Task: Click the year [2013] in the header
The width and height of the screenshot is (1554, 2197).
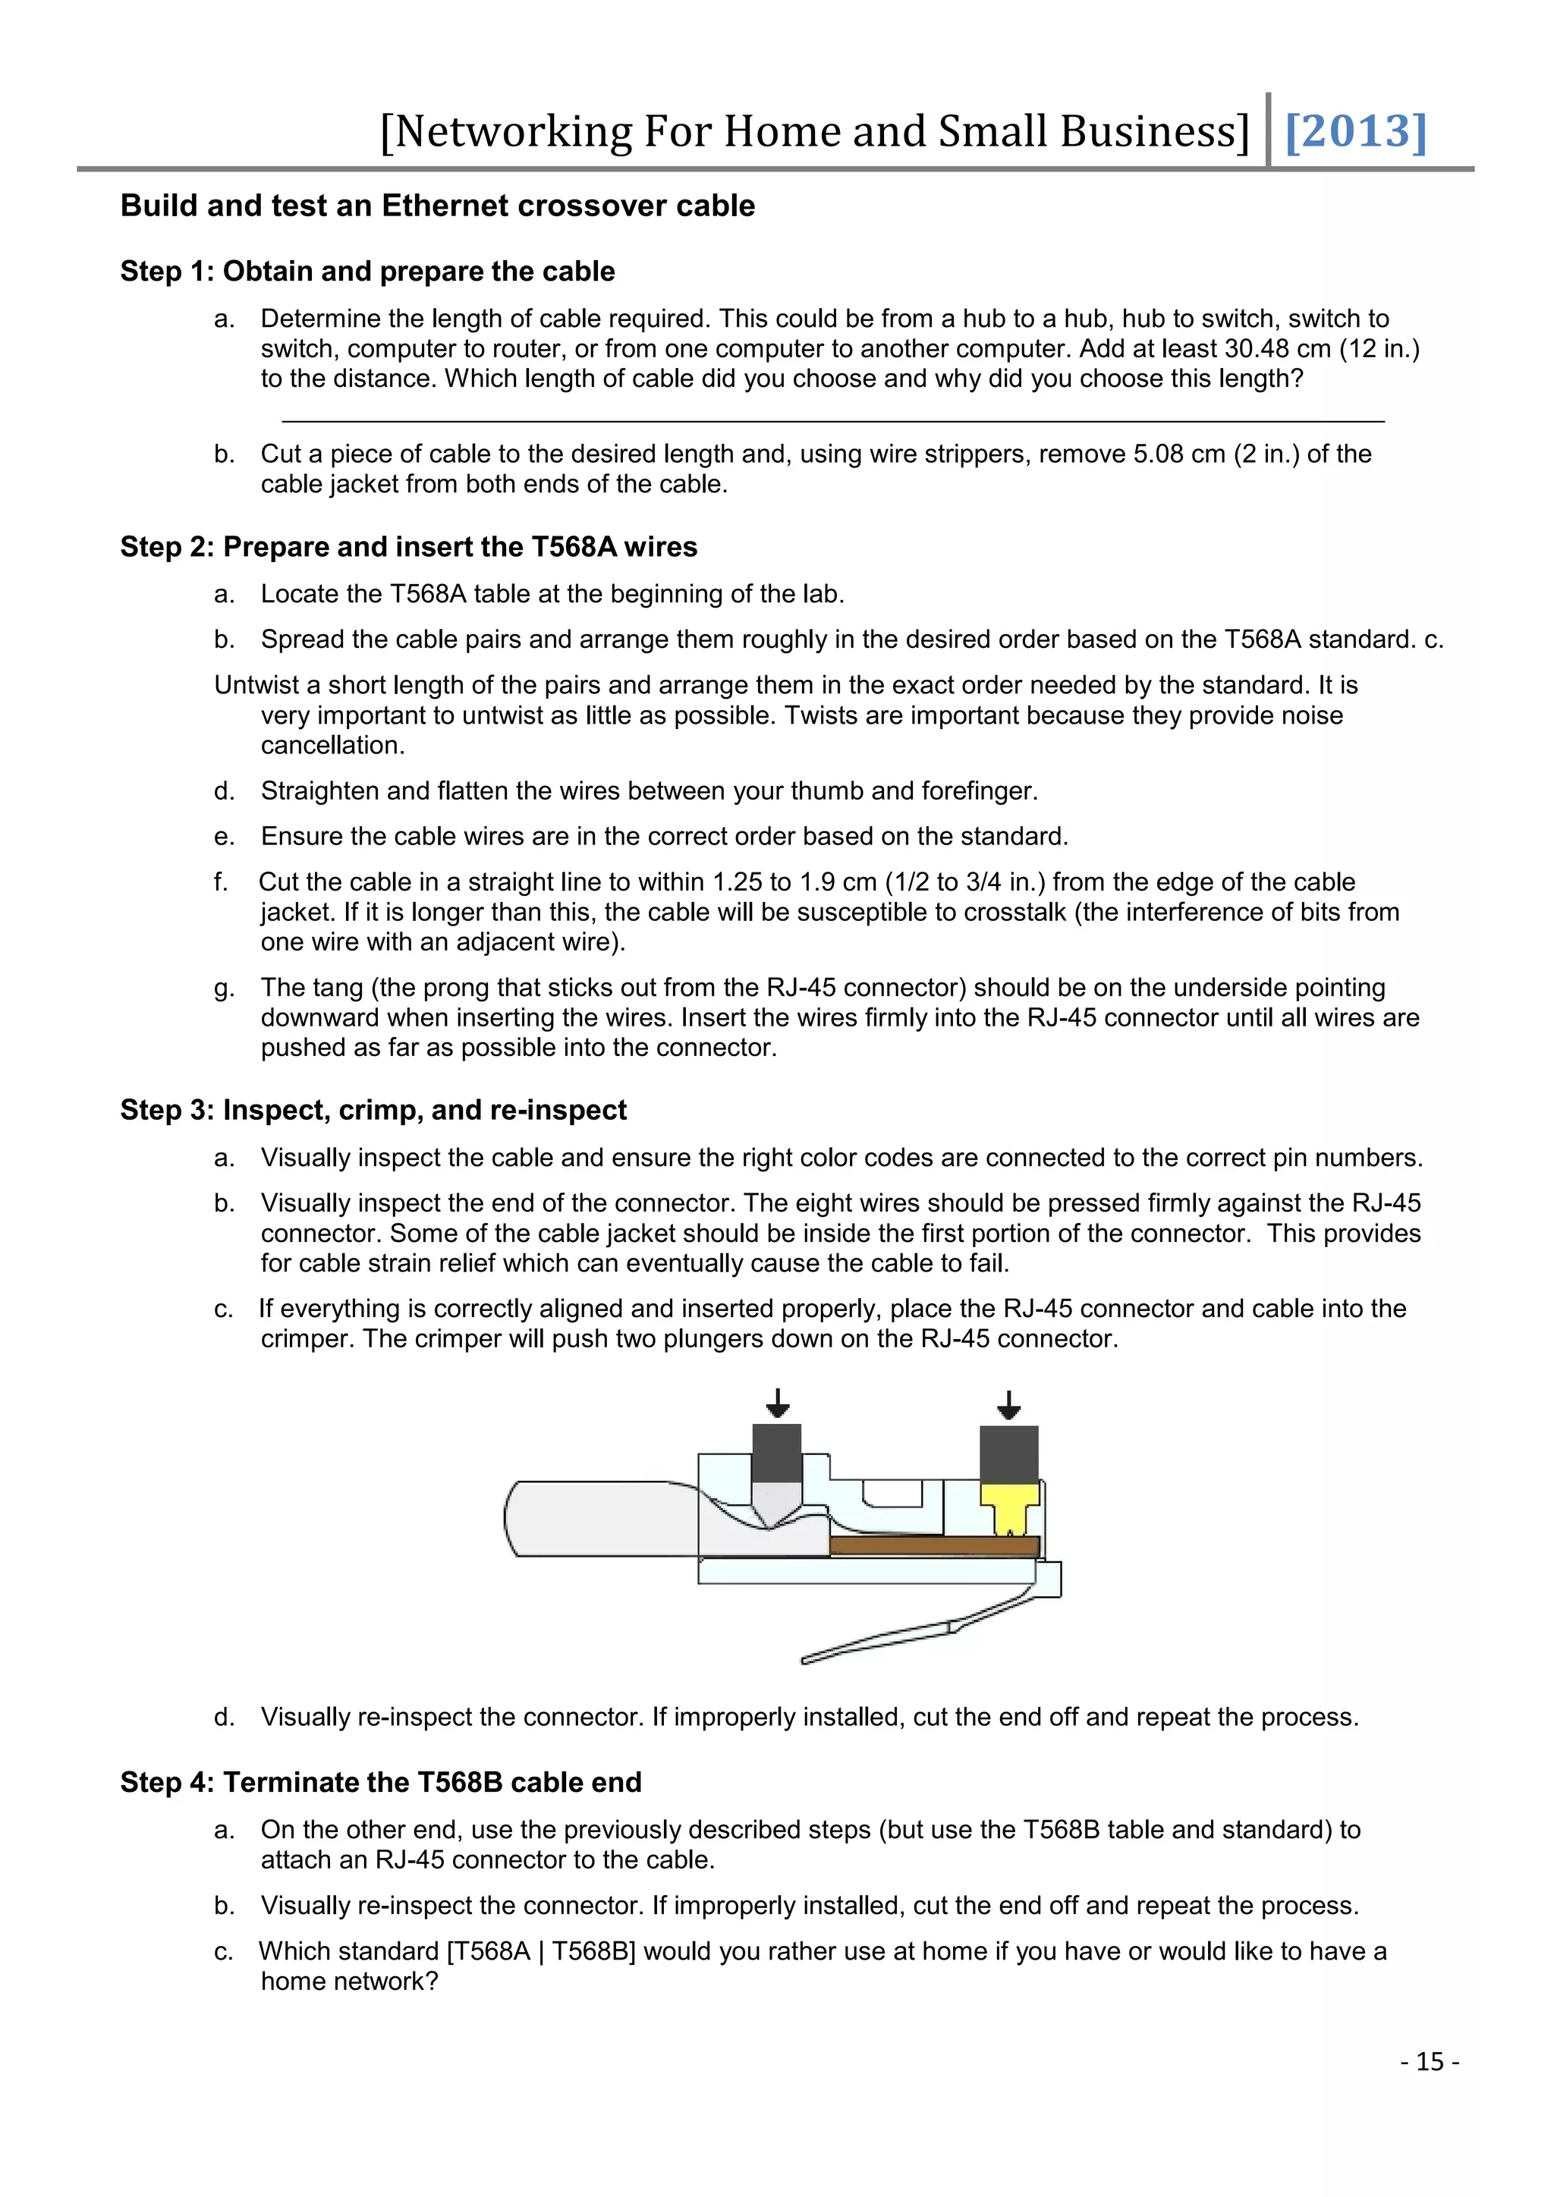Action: [x=1355, y=131]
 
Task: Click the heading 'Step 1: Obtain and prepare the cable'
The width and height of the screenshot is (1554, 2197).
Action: [x=367, y=272]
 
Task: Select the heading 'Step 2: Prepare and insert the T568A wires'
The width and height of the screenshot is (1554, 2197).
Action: [x=408, y=547]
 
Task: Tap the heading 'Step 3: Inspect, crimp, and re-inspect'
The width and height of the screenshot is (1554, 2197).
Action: [x=373, y=1110]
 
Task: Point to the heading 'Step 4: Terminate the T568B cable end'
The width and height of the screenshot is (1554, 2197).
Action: [x=381, y=1783]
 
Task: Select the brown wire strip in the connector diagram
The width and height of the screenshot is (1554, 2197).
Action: [x=934, y=1545]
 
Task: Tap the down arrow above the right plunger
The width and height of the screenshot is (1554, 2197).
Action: [x=1008, y=1406]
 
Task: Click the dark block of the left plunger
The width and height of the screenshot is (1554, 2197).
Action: [x=777, y=1454]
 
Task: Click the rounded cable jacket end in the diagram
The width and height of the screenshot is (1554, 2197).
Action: [x=574, y=1520]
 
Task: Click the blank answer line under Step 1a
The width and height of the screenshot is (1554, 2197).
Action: [x=832, y=421]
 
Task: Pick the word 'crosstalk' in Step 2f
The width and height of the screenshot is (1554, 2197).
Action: [x=1015, y=913]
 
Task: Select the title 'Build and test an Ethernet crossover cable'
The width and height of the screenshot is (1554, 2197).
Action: [x=437, y=206]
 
